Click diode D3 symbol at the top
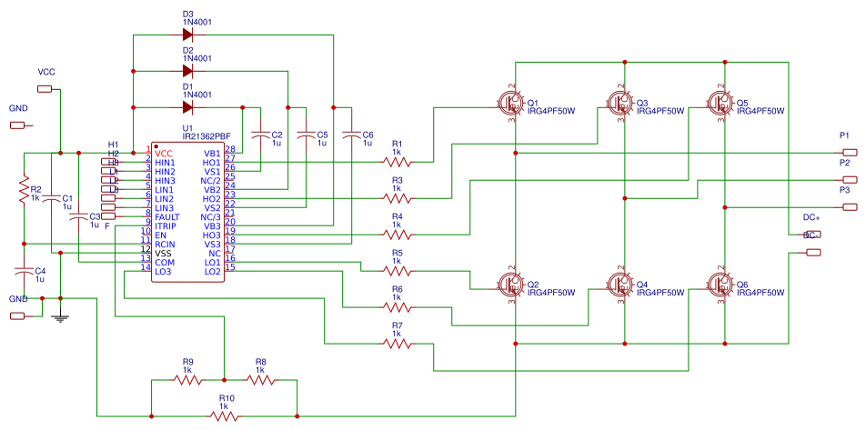point(188,35)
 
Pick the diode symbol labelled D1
point(188,106)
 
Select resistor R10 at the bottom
point(225,415)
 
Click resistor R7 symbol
point(397,343)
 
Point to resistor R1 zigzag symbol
point(397,161)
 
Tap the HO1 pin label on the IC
point(211,162)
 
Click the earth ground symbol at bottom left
point(60,316)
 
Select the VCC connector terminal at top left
point(45,88)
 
